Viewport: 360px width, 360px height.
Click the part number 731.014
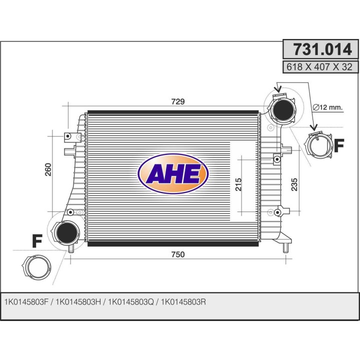click(322, 49)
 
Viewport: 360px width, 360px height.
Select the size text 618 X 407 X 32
click(319, 67)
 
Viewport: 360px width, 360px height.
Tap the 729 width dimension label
click(178, 101)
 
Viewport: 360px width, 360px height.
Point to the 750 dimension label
click(178, 254)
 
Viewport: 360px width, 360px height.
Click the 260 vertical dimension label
click(48, 169)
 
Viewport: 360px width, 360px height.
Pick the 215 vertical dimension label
click(238, 184)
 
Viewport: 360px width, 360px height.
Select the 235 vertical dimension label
click(294, 184)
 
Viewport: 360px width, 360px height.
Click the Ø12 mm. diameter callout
click(327, 107)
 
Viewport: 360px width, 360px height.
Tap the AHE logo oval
click(173, 174)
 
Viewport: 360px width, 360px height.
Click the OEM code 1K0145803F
click(26, 302)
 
